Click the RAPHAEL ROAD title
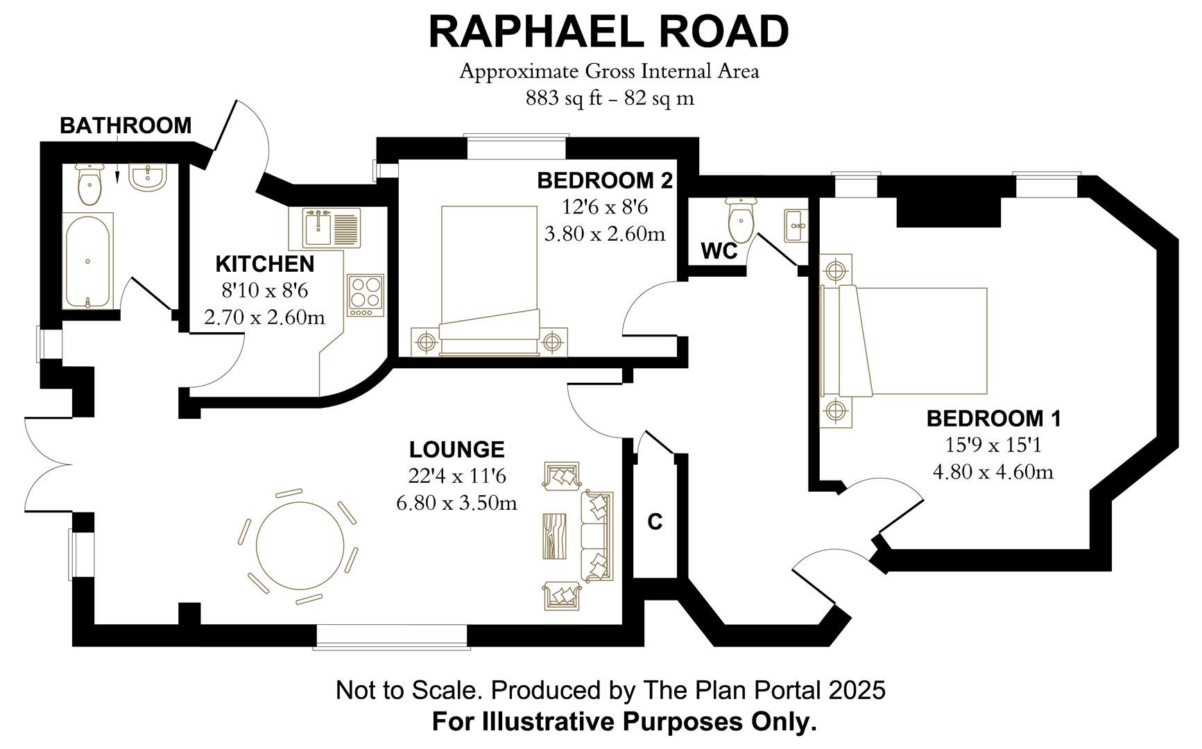[x=608, y=32]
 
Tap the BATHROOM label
[x=126, y=126]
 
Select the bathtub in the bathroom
[x=87, y=261]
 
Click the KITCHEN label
[x=265, y=264]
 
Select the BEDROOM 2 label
[x=605, y=180]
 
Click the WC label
[x=719, y=251]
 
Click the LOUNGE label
[x=457, y=449]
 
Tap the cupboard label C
[x=655, y=522]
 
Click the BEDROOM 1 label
[x=994, y=419]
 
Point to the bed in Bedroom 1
[x=904, y=341]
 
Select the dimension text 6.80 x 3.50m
[x=457, y=502]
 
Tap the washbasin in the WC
[x=796, y=225]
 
